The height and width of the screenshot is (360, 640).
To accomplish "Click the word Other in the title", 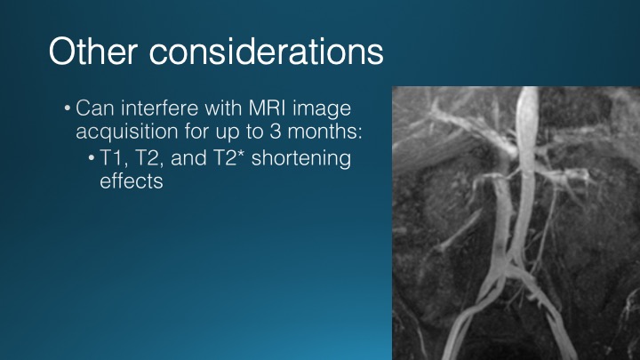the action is pos(93,51).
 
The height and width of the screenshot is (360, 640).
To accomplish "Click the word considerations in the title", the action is pos(266,51).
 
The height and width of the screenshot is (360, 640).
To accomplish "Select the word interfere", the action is pos(160,108).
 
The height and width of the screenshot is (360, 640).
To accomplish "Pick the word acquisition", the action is pos(127,132).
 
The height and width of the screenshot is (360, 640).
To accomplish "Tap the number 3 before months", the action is pos(276,132).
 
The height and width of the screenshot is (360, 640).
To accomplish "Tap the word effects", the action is pos(132,180).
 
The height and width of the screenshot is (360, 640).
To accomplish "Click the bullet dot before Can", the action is pos(68,109).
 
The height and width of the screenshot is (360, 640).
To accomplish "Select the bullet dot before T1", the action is pos(92,158).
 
